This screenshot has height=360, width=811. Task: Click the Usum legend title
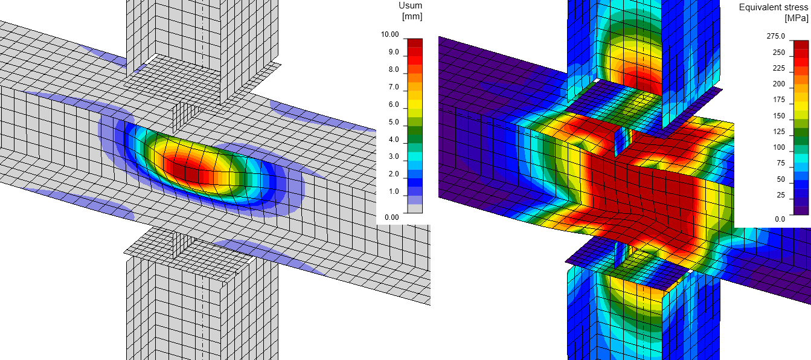pos(410,5)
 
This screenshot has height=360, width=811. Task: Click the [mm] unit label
pos(412,16)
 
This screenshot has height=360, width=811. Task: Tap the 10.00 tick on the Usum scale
pos(389,34)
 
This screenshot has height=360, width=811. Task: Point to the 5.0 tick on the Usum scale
pos(394,122)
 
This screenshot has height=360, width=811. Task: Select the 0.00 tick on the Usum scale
pos(392,217)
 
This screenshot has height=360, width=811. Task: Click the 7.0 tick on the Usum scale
pos(394,87)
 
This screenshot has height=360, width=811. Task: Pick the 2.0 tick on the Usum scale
pos(394,174)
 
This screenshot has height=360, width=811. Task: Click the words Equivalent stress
pos(774,8)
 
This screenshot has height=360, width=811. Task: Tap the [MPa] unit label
pos(797,18)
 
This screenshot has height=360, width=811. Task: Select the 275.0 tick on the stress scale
pos(775,36)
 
